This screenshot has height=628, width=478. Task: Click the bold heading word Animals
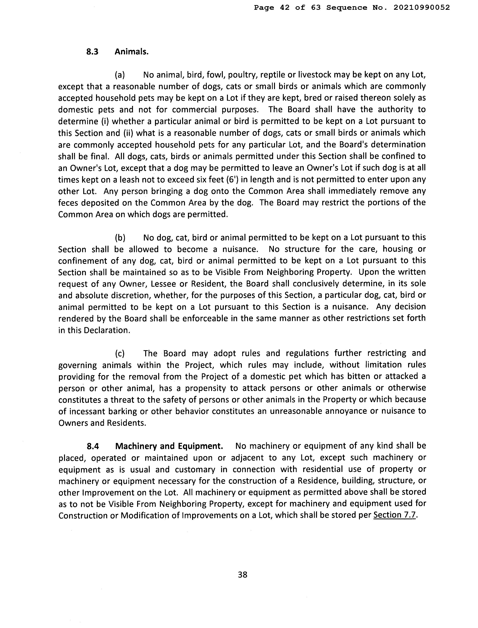[131, 52]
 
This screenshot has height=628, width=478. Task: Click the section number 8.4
[93, 446]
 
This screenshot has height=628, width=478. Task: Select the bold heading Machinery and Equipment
[169, 446]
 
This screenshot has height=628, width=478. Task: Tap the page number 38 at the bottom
[242, 575]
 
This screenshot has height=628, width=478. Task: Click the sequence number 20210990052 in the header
[422, 8]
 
